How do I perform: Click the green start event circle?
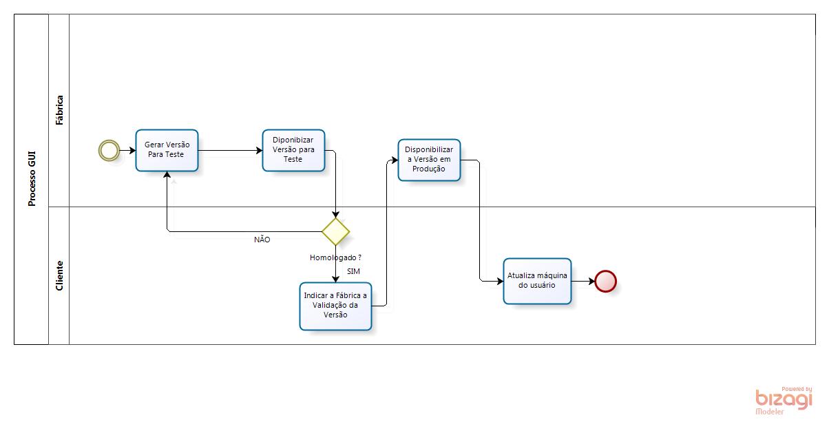point(108,150)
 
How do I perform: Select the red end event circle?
point(605,281)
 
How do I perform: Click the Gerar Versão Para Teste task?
point(167,150)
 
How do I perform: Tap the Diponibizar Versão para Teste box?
point(293,150)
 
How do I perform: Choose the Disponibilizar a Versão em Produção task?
point(429,160)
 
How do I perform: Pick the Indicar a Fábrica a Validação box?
point(335,306)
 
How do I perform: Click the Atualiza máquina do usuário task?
point(537,280)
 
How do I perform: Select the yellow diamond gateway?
point(335,231)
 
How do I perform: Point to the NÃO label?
point(262,240)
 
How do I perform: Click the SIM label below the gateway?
point(353,271)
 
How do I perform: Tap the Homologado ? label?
point(336,257)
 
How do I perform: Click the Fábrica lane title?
point(59,110)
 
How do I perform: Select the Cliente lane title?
point(59,275)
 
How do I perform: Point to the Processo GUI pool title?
point(32,179)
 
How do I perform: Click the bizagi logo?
point(784,399)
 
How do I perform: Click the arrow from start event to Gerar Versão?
point(127,150)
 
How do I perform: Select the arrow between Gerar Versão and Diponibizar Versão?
point(230,150)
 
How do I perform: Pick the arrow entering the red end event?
point(583,281)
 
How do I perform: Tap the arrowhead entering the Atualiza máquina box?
point(499,281)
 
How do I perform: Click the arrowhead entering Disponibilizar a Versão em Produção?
point(395,160)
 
